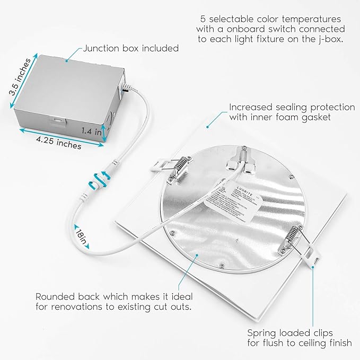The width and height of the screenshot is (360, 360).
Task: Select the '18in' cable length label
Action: coord(81,236)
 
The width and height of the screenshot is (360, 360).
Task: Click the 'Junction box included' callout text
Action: coord(130,48)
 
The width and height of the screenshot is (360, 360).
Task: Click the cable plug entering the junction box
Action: coord(125,90)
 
